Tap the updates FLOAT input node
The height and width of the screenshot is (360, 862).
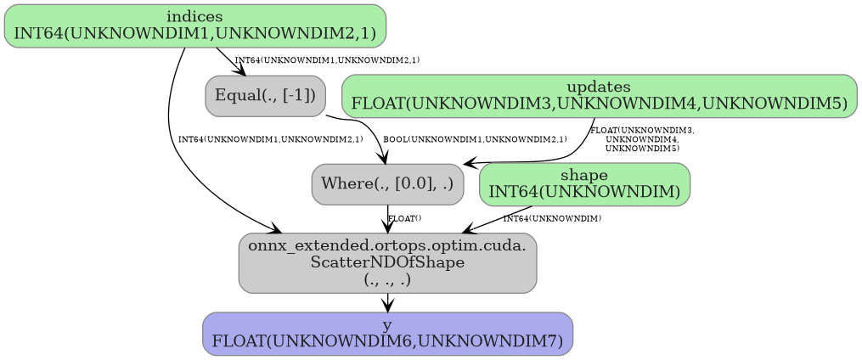[599, 95]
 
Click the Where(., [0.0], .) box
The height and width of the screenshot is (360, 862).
[387, 183]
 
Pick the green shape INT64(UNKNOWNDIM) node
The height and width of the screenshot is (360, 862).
[584, 183]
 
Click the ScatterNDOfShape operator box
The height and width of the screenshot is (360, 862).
[387, 262]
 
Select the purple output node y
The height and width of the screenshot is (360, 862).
[387, 334]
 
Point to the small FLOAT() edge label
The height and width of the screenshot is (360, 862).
[404, 219]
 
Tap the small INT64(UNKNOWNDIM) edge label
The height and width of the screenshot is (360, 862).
[552, 219]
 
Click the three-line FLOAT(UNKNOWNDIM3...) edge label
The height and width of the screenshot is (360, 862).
[642, 139]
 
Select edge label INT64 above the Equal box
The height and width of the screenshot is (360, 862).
[327, 60]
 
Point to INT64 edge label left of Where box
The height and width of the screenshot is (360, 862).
[270, 138]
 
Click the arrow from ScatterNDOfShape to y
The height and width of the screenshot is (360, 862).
[387, 303]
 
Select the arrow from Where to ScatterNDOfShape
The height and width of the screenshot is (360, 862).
[387, 219]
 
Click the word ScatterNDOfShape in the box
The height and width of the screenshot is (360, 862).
[387, 262]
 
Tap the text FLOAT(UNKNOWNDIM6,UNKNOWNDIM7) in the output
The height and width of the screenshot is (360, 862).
[387, 340]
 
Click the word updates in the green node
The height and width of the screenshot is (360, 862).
[599, 87]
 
